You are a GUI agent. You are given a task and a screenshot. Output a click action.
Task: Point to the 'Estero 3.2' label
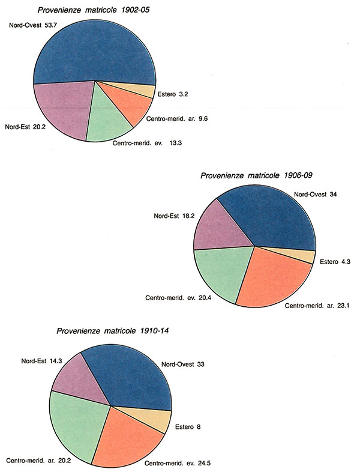(173, 94)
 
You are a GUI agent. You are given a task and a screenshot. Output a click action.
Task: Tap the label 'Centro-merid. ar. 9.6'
(181, 118)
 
